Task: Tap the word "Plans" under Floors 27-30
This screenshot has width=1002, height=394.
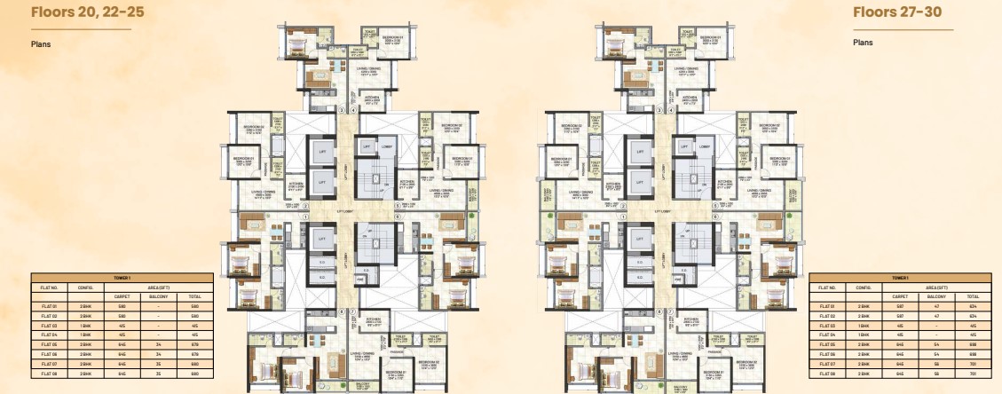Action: (x=864, y=42)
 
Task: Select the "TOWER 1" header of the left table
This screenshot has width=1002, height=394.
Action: (x=122, y=278)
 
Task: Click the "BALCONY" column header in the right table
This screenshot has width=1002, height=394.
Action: (x=928, y=296)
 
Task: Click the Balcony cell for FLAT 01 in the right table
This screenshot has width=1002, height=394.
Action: (x=928, y=306)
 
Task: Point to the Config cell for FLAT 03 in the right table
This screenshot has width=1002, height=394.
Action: (x=864, y=325)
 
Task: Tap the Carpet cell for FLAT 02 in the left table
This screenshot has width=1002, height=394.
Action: (x=122, y=314)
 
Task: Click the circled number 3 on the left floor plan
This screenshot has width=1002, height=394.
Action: (x=341, y=110)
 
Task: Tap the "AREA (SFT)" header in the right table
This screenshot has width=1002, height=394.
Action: (x=928, y=287)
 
